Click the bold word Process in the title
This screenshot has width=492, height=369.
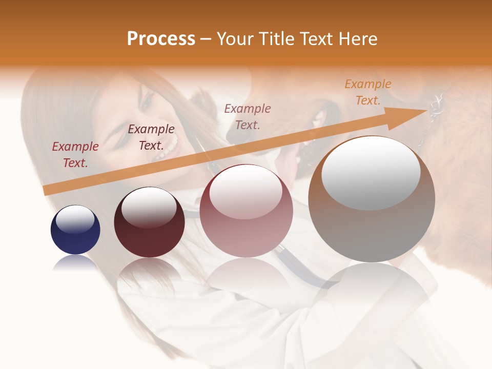click(161, 39)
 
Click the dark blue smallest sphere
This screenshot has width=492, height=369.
click(75, 230)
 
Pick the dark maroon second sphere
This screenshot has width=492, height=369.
click(149, 222)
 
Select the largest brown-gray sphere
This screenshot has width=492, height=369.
click(372, 200)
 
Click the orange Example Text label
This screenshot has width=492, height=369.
click(367, 92)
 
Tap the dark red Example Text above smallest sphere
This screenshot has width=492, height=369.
click(75, 155)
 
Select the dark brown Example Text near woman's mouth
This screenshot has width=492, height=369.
click(151, 137)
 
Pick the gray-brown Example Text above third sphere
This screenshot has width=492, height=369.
click(248, 116)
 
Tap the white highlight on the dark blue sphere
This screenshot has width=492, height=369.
click(75, 219)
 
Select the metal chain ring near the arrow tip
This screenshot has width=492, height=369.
click(437, 105)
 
